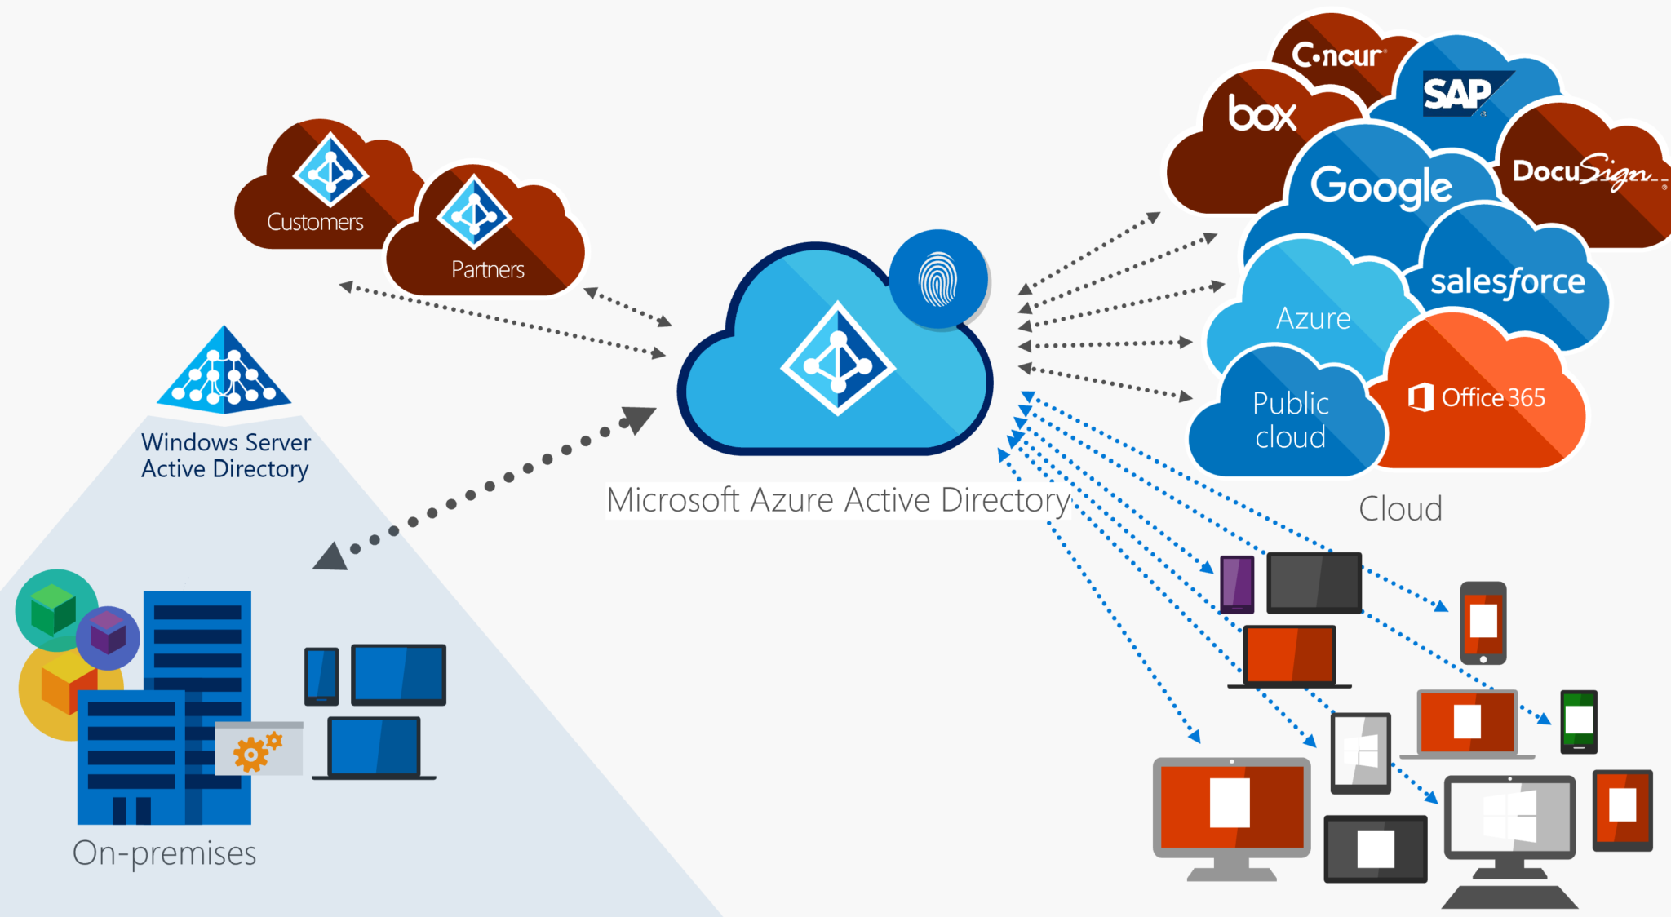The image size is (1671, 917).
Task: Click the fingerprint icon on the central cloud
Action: [938, 280]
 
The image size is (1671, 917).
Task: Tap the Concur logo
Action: [1337, 55]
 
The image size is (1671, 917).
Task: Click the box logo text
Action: [1261, 113]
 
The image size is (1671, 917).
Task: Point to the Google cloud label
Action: [1381, 187]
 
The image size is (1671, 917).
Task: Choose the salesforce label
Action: [1507, 282]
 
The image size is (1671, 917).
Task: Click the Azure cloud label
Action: [1313, 318]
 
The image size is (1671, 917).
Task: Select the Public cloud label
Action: [1290, 420]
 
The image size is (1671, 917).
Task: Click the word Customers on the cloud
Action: [315, 222]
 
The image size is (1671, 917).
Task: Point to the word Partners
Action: [487, 270]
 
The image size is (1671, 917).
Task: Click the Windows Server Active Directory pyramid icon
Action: [224, 371]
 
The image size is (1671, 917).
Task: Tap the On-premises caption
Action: [164, 853]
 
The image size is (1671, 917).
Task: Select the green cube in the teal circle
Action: [54, 609]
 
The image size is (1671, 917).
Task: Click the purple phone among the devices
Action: [1236, 583]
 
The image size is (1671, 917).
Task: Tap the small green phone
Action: [1578, 721]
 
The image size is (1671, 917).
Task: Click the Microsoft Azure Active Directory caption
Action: [838, 500]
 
